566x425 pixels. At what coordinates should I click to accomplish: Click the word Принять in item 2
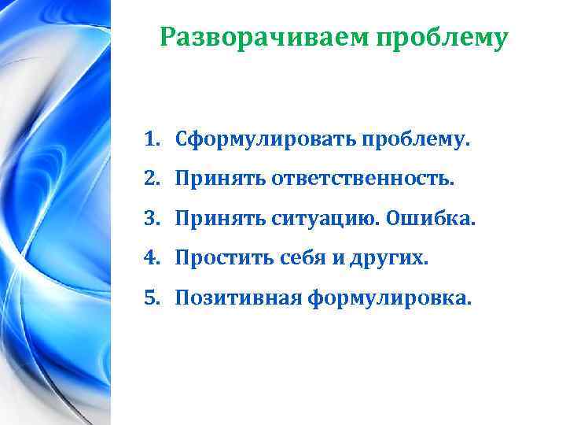tap(221, 180)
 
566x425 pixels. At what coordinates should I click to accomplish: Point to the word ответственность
tap(363, 180)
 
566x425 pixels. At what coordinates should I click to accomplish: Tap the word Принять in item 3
tap(221, 218)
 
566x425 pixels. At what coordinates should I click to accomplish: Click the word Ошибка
tap(432, 218)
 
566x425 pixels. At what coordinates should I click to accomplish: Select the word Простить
tap(227, 257)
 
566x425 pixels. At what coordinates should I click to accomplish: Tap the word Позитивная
tap(238, 296)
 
